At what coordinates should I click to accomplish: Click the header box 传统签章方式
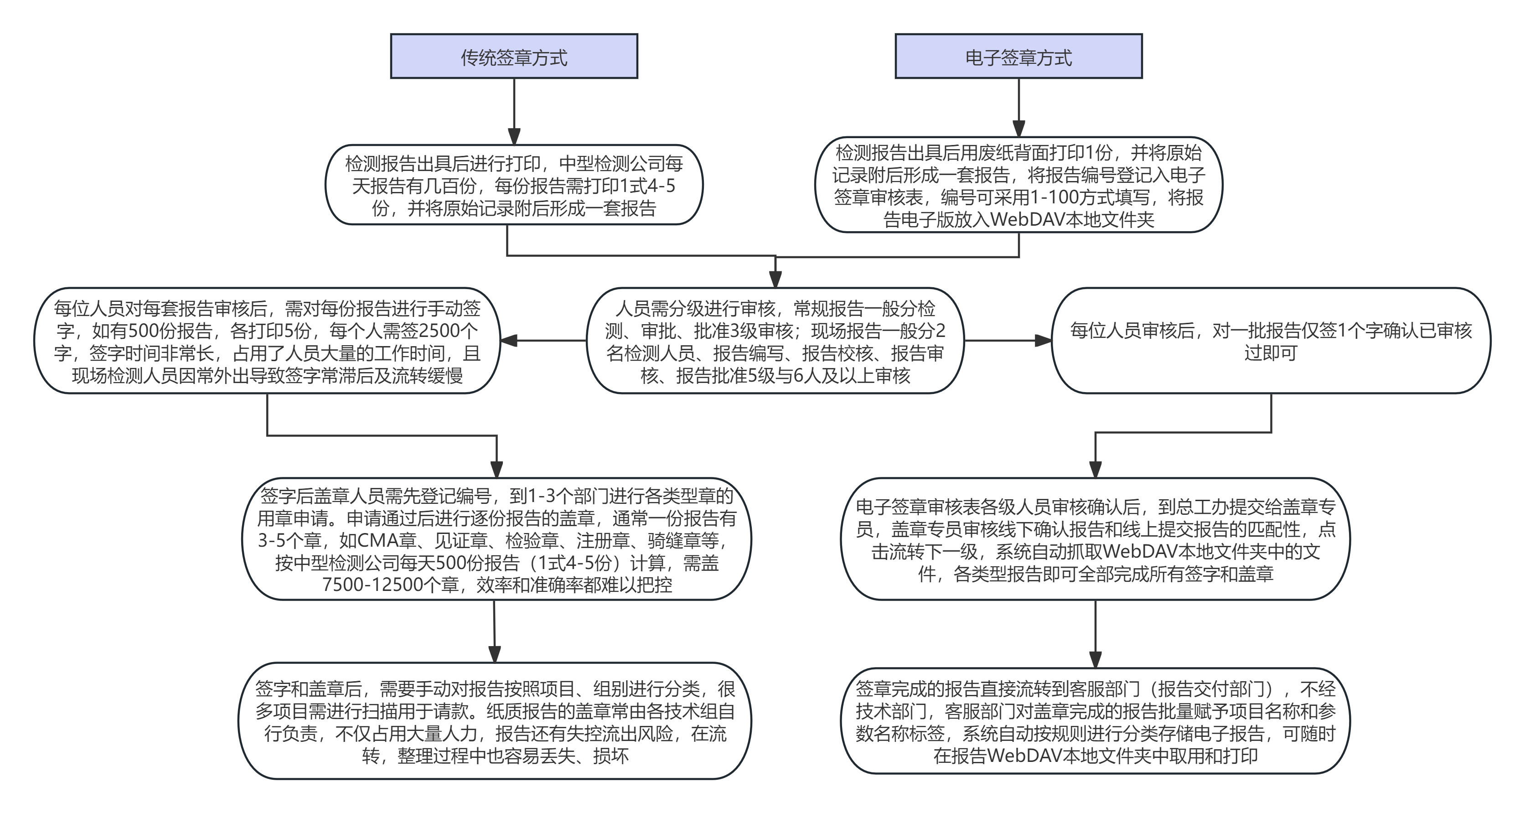pyautogui.click(x=514, y=56)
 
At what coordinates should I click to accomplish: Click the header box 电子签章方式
pyautogui.click(x=1018, y=56)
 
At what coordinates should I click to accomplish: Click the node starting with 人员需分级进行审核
pyautogui.click(x=775, y=341)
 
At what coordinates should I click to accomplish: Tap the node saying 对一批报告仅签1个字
pyautogui.click(x=1271, y=341)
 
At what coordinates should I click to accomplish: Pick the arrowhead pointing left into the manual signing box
pyautogui.click(x=509, y=341)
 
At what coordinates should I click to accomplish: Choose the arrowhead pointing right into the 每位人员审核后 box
pyautogui.click(x=1043, y=341)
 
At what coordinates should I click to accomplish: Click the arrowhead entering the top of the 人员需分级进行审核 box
pyautogui.click(x=775, y=280)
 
